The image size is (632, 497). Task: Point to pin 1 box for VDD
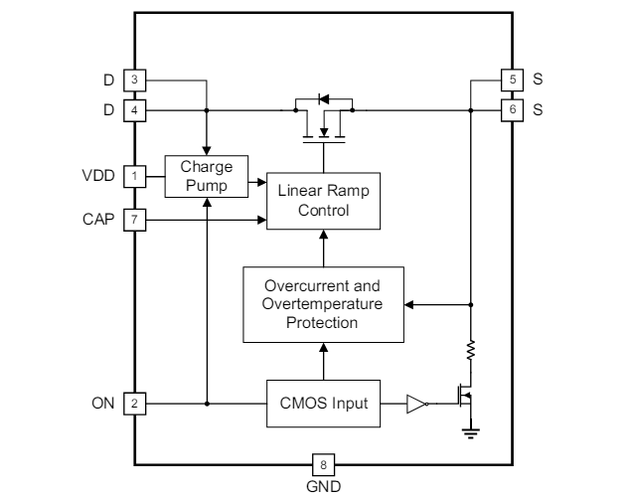(132, 177)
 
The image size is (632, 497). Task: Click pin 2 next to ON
(132, 404)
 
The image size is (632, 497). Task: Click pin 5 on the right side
(511, 79)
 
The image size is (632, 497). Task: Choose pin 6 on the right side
(511, 108)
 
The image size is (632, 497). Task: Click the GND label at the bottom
(323, 484)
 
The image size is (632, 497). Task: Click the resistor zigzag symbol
(471, 349)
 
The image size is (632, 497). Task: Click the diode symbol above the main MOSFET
(321, 98)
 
